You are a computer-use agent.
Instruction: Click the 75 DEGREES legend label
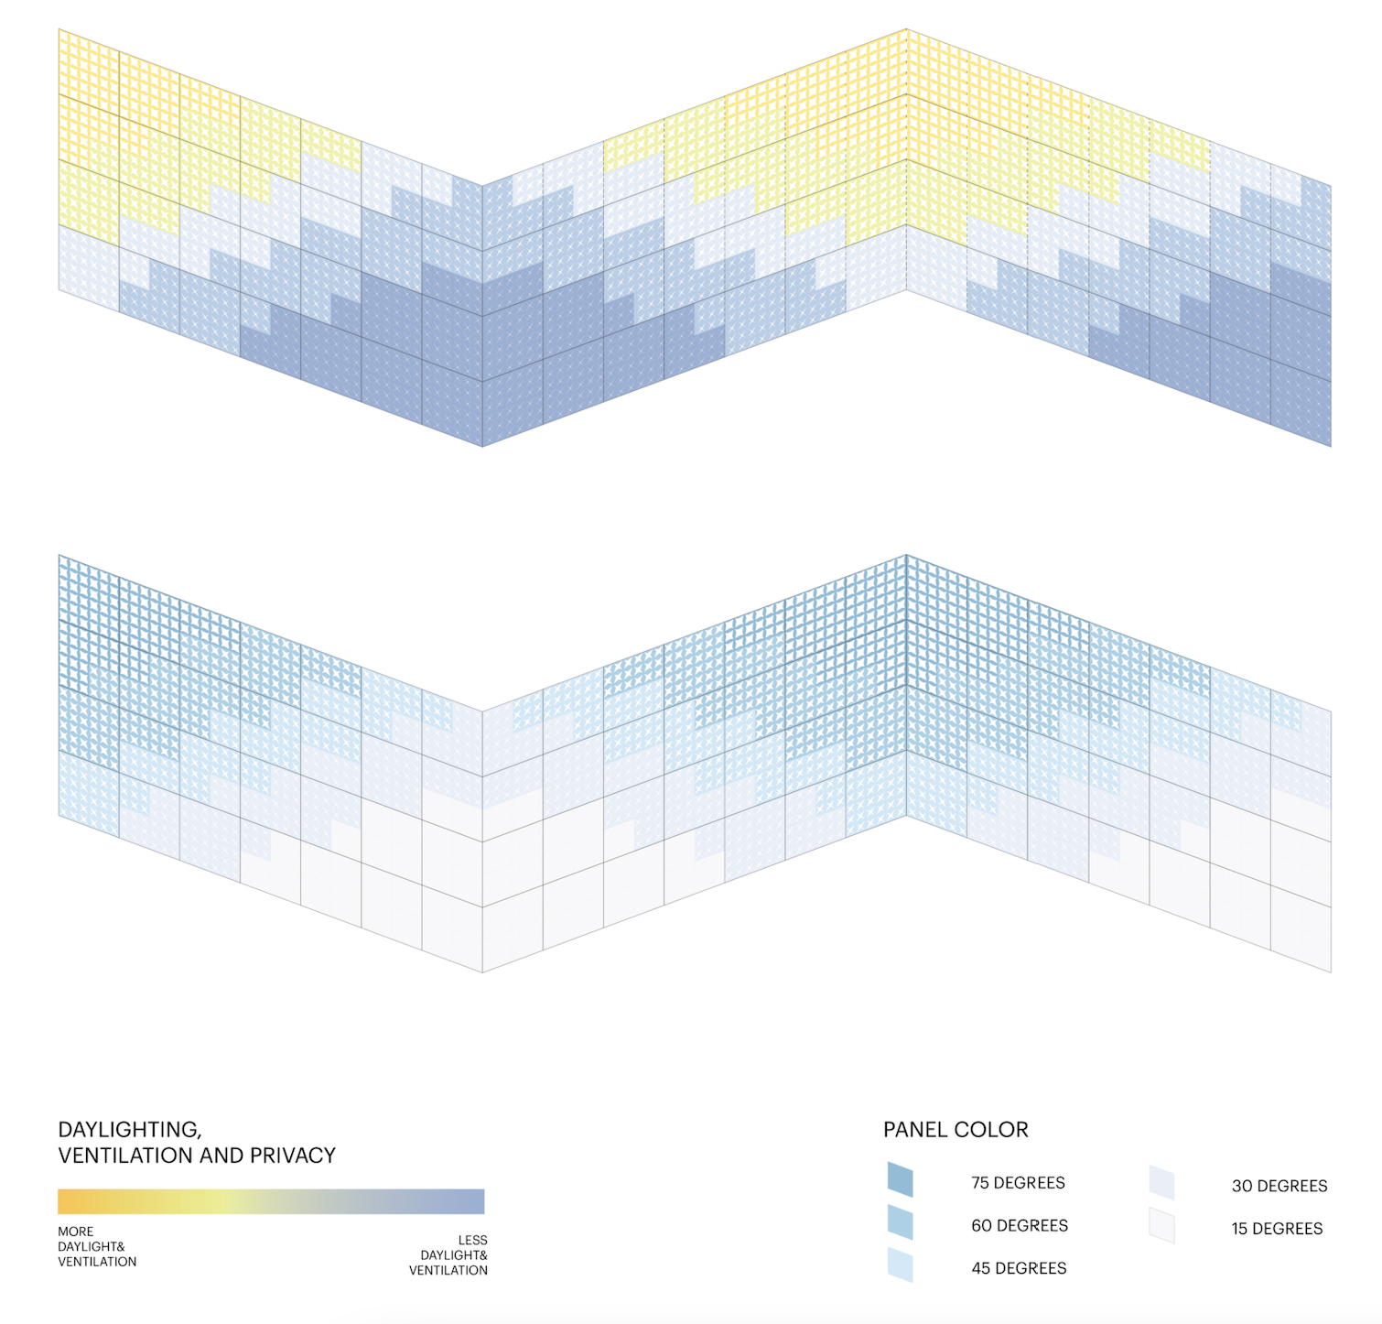coord(1018,1182)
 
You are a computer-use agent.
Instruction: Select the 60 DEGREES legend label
coord(1020,1225)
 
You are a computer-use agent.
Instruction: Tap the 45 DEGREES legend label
coord(1019,1268)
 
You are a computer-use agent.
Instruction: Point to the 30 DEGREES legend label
coord(1279,1186)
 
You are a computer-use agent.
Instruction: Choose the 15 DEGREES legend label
coord(1277,1229)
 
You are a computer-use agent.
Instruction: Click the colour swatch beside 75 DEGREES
coord(900,1179)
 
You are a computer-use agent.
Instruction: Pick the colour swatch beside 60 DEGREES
coord(900,1222)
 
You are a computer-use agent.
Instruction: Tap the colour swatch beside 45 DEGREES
coord(900,1264)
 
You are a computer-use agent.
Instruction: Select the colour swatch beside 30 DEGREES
coord(1161,1183)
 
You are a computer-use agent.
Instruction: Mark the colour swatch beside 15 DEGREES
coord(1161,1226)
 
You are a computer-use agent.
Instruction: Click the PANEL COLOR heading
coord(956,1130)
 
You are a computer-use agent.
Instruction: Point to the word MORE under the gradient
coord(76,1232)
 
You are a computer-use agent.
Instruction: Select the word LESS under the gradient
coord(472,1241)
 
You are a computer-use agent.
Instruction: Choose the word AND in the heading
coord(221,1156)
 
